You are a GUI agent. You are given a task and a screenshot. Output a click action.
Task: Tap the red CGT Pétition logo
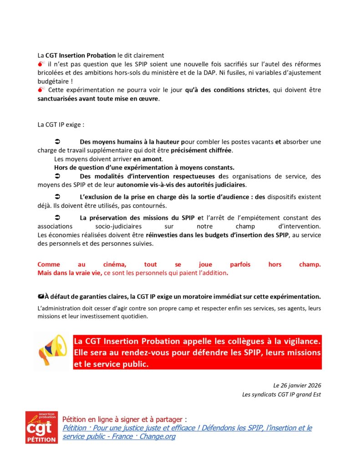click(x=41, y=427)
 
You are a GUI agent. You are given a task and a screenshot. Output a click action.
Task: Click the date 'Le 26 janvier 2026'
click(x=297, y=385)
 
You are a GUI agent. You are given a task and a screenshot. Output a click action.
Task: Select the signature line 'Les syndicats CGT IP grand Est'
click(x=281, y=395)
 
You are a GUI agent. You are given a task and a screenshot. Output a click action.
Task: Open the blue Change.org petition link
click(x=187, y=432)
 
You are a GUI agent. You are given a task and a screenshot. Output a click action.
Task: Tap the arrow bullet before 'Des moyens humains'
click(x=58, y=142)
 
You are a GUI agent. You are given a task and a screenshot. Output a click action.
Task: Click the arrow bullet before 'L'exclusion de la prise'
click(x=58, y=197)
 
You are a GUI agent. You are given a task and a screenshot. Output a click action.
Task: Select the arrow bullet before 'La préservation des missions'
click(x=58, y=218)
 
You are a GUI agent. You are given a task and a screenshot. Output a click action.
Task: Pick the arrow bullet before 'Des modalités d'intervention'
click(x=58, y=176)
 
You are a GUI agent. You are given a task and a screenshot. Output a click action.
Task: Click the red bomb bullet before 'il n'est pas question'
click(x=41, y=64)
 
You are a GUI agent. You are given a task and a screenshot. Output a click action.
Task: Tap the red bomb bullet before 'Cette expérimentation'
click(x=41, y=90)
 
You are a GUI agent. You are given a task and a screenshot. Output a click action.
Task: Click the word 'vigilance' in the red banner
click(x=302, y=341)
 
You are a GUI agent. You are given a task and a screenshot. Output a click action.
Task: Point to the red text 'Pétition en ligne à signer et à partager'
click(x=124, y=419)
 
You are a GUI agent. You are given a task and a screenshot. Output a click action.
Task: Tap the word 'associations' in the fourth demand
click(x=55, y=226)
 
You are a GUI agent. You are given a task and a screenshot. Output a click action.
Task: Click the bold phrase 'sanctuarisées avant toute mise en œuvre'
click(x=98, y=98)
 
